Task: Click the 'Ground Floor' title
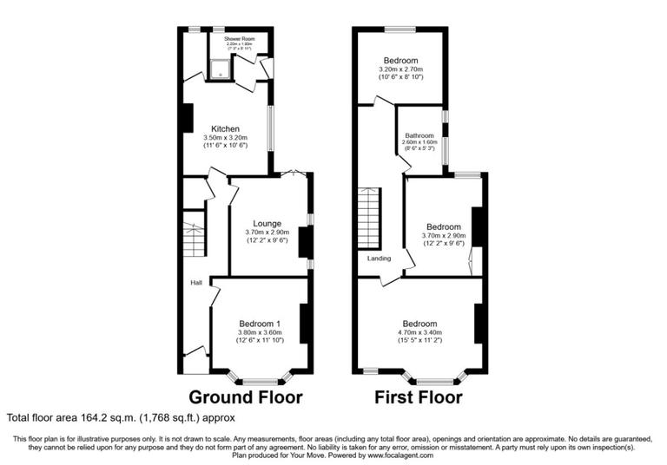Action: (x=246, y=398)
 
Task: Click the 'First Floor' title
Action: (x=418, y=398)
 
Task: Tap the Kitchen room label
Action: (x=225, y=129)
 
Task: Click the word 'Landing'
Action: (x=379, y=259)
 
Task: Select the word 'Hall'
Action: (x=197, y=283)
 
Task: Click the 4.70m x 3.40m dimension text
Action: (x=419, y=332)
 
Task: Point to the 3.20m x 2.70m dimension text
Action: (x=400, y=69)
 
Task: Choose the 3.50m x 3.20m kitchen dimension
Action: (x=225, y=138)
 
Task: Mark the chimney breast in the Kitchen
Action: (x=188, y=118)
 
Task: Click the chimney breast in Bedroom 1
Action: (x=305, y=324)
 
